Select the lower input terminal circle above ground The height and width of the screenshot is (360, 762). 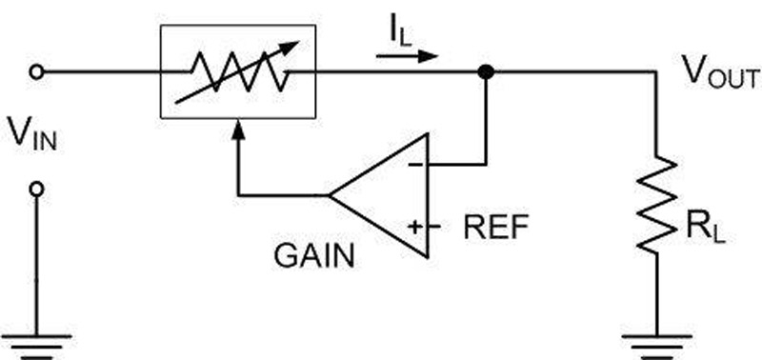pos(37,190)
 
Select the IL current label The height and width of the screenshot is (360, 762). pos(400,33)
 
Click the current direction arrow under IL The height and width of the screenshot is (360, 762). pos(408,56)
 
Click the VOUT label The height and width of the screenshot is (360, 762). pos(719,75)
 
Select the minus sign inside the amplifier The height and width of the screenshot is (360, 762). pos(415,165)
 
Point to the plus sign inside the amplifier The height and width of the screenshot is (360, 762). pos(415,228)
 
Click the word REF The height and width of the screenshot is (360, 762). pos(491,228)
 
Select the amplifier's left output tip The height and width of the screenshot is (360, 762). pos(331,196)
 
